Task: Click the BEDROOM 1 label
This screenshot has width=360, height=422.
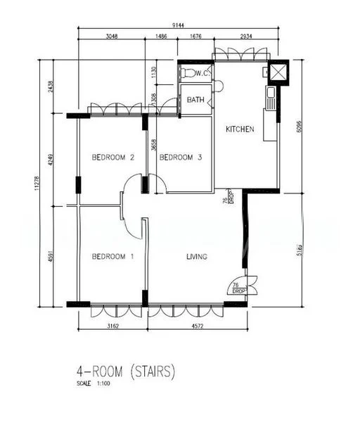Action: point(112,257)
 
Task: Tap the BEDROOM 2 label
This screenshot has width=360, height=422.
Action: point(112,158)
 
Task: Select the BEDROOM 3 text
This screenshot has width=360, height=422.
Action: point(181,158)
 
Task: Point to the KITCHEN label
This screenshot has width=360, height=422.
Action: point(239,129)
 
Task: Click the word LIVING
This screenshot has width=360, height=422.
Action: point(197,257)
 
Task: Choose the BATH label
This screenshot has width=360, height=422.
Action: point(195,101)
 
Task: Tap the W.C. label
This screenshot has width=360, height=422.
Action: point(202,73)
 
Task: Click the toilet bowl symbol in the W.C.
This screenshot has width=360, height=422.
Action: point(187,72)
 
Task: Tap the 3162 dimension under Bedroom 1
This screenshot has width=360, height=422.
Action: point(112,326)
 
